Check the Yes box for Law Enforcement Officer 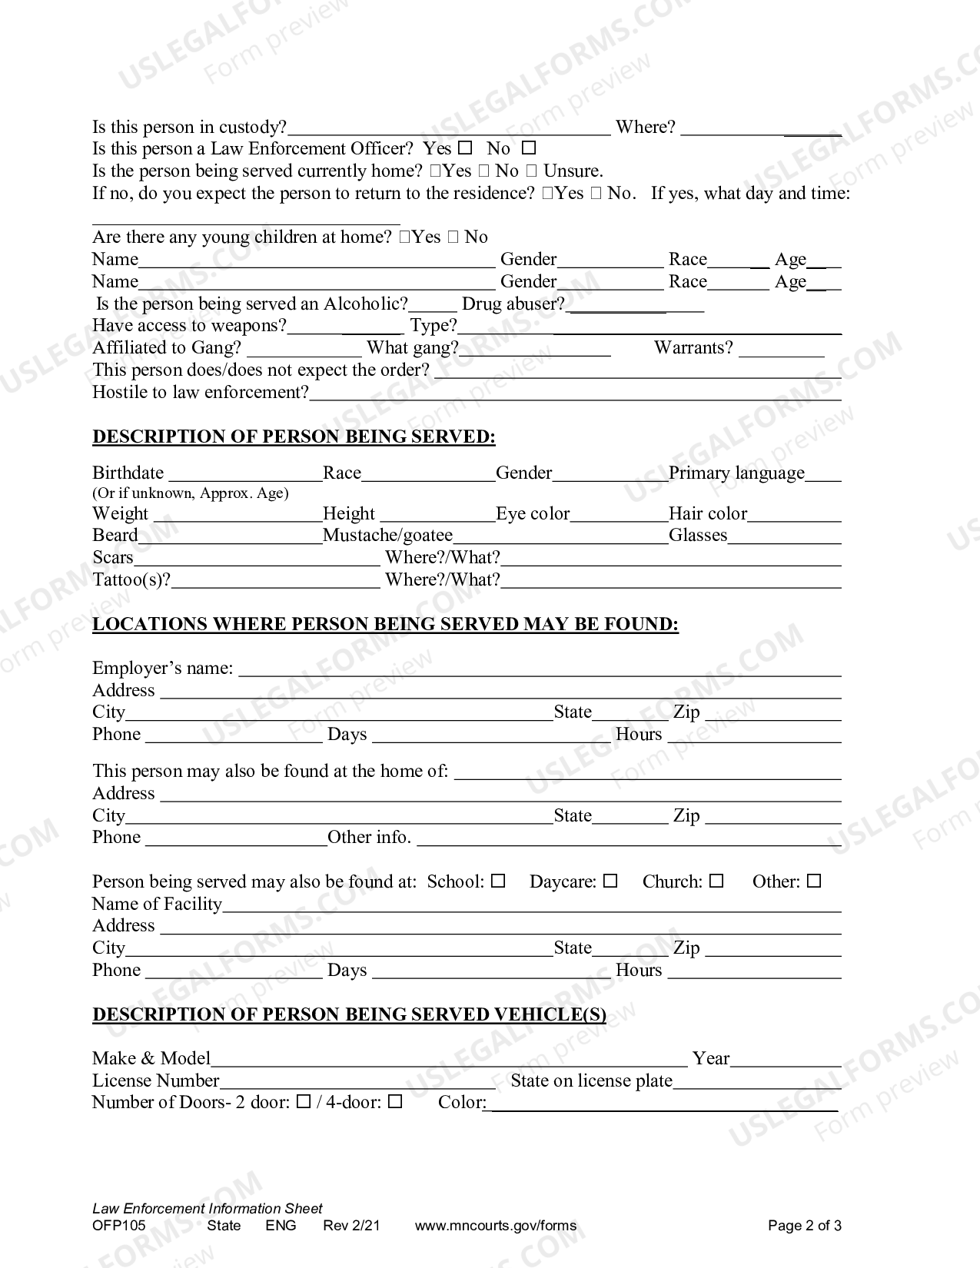click(x=465, y=148)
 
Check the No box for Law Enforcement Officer click(x=529, y=148)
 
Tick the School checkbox click(x=498, y=881)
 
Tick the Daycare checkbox click(x=610, y=881)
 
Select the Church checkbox click(x=716, y=881)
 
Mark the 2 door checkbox click(x=304, y=1102)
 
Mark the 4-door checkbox click(x=395, y=1102)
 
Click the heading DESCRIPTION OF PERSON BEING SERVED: click(x=294, y=436)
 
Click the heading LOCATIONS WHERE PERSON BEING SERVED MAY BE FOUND click(x=385, y=624)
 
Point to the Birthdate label click(x=128, y=473)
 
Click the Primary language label click(x=736, y=473)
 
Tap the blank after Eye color click(x=619, y=515)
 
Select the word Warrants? click(x=693, y=348)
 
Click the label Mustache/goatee click(x=387, y=535)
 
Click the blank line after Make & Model click(x=449, y=1061)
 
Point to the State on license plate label click(x=591, y=1080)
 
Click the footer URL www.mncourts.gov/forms click(x=495, y=1226)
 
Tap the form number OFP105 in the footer click(x=118, y=1226)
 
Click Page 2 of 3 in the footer click(x=804, y=1226)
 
